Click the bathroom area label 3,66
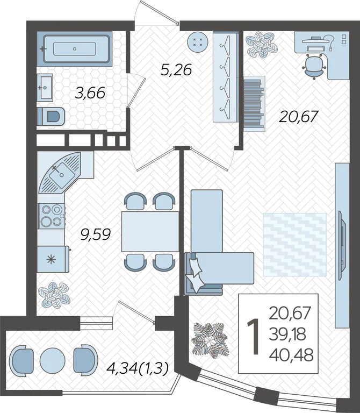pyautogui.click(x=90, y=93)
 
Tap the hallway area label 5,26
pyautogui.click(x=176, y=70)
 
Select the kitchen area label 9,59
pyautogui.click(x=95, y=234)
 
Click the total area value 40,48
pyautogui.click(x=291, y=354)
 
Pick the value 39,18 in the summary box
pyautogui.click(x=287, y=334)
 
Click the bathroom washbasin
pyautogui.click(x=45, y=87)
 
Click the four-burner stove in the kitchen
pyautogui.click(x=52, y=216)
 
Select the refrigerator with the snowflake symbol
pyautogui.click(x=53, y=259)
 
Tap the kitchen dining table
pyautogui.click(x=150, y=232)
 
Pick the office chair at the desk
pyautogui.click(x=314, y=66)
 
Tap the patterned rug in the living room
pyautogui.click(x=295, y=245)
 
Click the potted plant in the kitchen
pyautogui.click(x=54, y=295)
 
